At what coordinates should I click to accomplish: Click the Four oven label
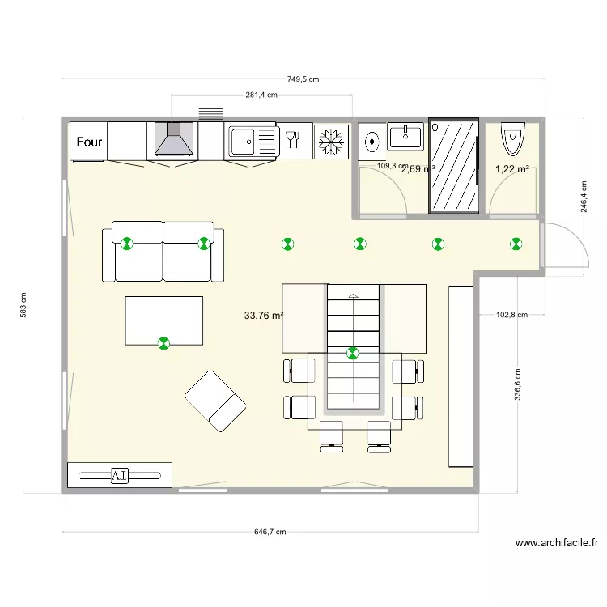pyautogui.click(x=89, y=142)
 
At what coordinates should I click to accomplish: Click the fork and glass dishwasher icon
pyautogui.click(x=294, y=141)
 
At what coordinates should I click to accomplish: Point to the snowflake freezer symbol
pyautogui.click(x=330, y=142)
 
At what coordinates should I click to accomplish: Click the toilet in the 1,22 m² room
pyautogui.click(x=512, y=138)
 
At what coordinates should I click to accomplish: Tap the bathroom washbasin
pyautogui.click(x=405, y=136)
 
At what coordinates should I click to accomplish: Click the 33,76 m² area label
pyautogui.click(x=263, y=316)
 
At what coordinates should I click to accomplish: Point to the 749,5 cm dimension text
pyautogui.click(x=303, y=79)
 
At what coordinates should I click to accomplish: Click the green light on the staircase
pyautogui.click(x=353, y=353)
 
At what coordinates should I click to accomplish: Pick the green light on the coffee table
pyautogui.click(x=164, y=343)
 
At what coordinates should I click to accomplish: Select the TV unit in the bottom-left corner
pyautogui.click(x=120, y=475)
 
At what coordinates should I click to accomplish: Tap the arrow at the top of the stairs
pyautogui.click(x=353, y=296)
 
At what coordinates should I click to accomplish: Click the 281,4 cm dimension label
pyautogui.click(x=261, y=95)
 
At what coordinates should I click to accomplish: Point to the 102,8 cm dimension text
pyautogui.click(x=511, y=316)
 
